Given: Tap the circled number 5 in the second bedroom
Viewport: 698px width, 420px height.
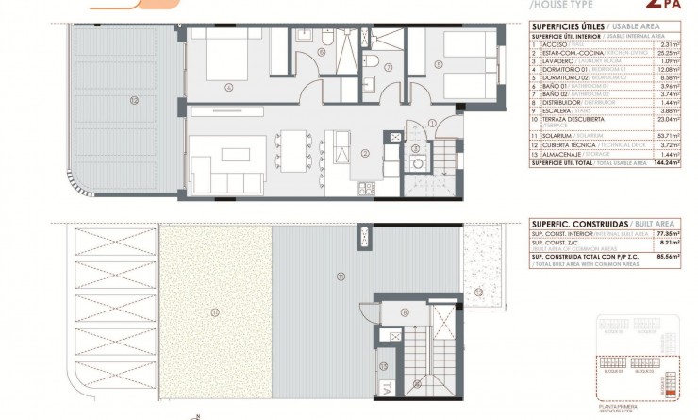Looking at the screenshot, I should pyautogui.click(x=439, y=65).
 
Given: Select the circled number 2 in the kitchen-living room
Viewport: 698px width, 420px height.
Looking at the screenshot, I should pyautogui.click(x=364, y=151).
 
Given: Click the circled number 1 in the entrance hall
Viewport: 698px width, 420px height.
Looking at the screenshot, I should pyautogui.click(x=431, y=122).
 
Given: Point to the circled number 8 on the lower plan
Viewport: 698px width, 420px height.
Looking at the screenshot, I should pyautogui.click(x=403, y=311).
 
